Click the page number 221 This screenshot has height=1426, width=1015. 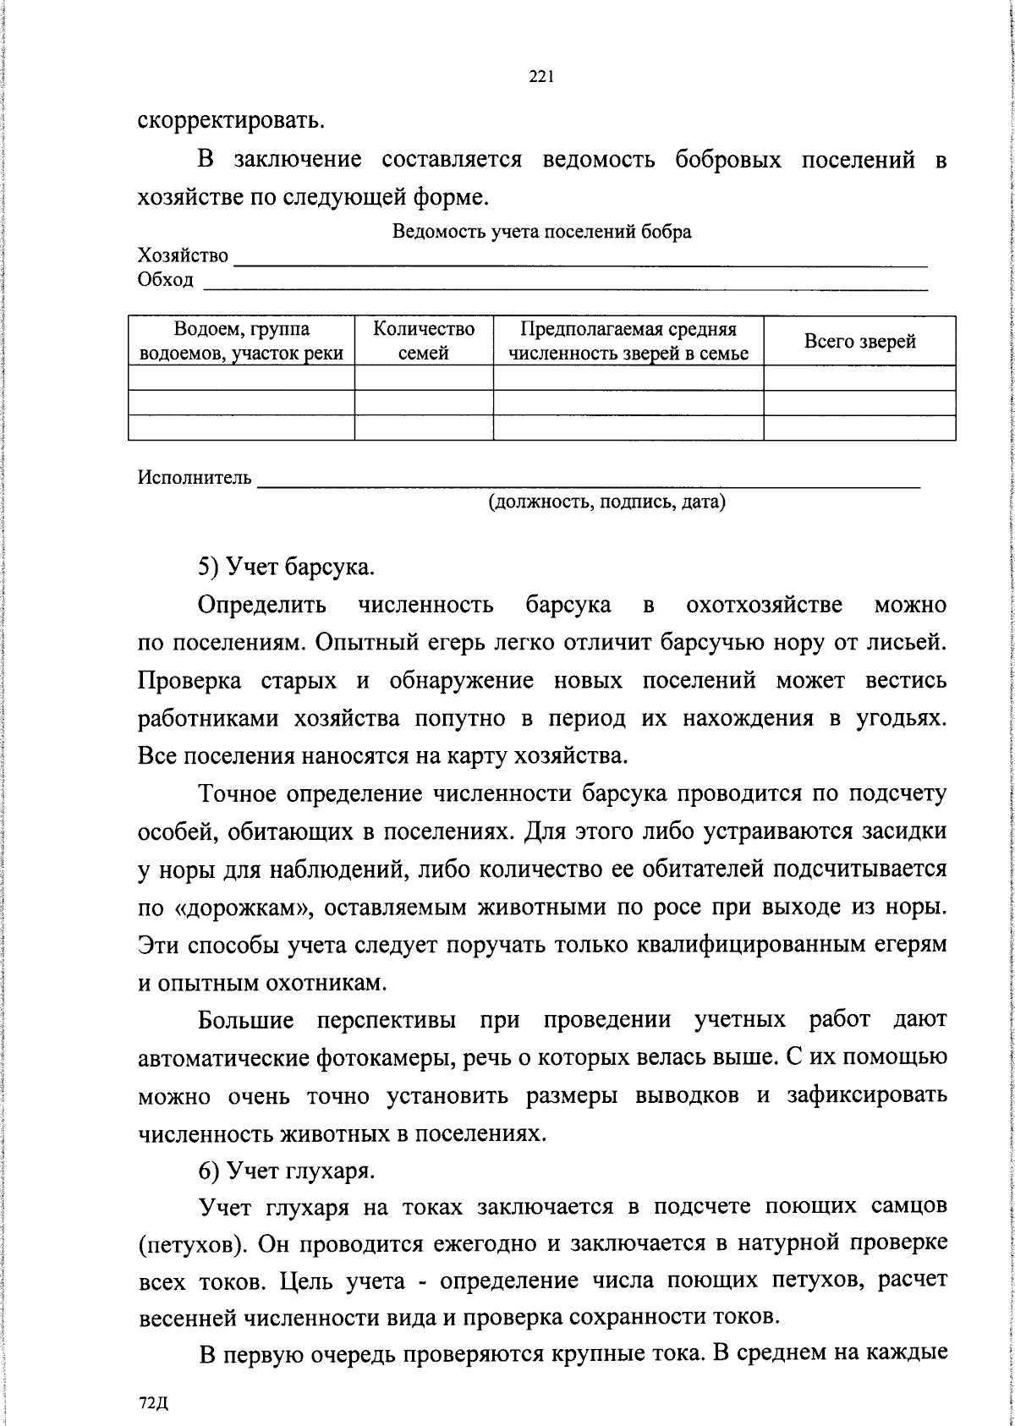click(540, 77)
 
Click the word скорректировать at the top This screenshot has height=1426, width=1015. click(231, 119)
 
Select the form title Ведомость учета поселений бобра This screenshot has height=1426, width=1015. click(541, 232)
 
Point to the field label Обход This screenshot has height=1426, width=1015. click(166, 280)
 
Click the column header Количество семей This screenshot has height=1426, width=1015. click(424, 341)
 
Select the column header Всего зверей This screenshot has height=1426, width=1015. click(859, 342)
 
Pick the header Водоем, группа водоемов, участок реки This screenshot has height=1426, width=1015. click(242, 341)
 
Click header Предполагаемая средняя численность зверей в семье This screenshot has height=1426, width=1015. click(628, 341)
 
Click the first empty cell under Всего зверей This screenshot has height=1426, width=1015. click(859, 378)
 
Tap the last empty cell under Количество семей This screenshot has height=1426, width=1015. click(424, 428)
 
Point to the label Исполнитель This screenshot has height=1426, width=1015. click(195, 478)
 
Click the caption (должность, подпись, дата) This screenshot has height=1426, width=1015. click(606, 502)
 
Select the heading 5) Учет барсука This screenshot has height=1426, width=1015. click(286, 567)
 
